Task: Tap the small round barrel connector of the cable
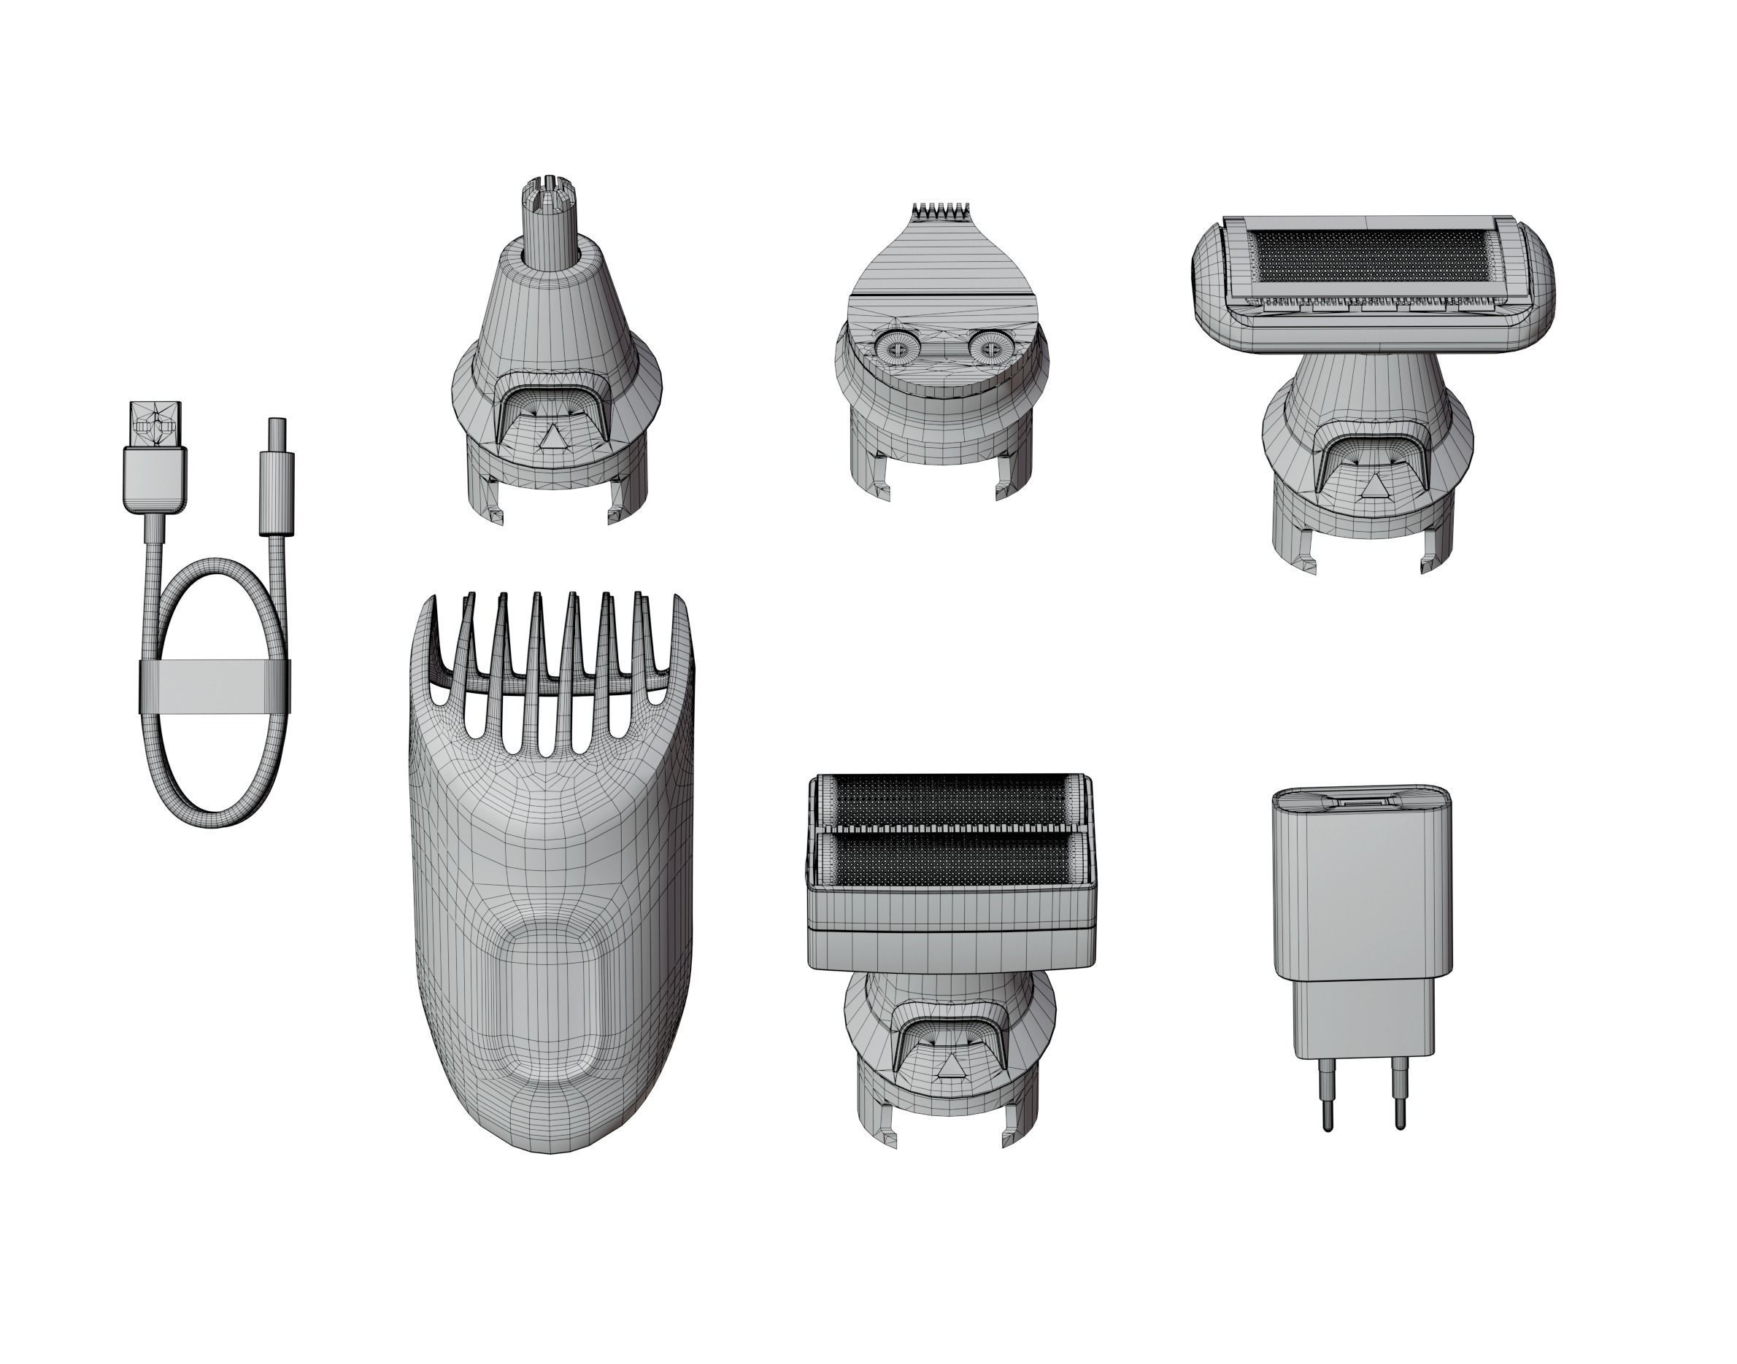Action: pos(277,447)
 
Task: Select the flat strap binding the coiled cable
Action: pos(214,687)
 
